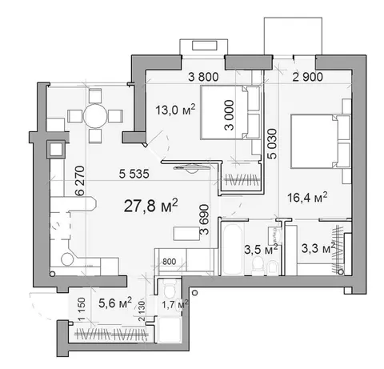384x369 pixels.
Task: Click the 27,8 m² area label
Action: [x=150, y=206]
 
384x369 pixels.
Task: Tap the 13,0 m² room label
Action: [x=175, y=110]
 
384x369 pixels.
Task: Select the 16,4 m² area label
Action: [x=307, y=198]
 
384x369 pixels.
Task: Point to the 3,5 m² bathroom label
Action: [x=262, y=250]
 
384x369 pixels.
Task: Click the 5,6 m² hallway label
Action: [x=115, y=303]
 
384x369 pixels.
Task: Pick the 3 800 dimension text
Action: [x=203, y=77]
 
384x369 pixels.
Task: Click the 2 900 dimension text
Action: [x=307, y=77]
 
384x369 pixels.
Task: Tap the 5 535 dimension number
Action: [x=134, y=174]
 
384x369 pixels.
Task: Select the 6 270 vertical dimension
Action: [x=80, y=181]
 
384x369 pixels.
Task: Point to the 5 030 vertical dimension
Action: [x=273, y=144]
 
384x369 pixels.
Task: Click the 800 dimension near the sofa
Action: [x=169, y=262]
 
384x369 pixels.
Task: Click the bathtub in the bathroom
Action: [x=233, y=248]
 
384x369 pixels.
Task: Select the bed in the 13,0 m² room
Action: [x=230, y=112]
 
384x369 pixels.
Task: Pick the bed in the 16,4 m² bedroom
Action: [x=321, y=142]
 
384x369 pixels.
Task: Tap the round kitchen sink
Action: [x=67, y=259]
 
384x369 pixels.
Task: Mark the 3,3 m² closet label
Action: [x=318, y=249]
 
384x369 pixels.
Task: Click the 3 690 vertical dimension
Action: [x=205, y=219]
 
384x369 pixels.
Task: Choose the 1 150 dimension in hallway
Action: [x=82, y=309]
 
